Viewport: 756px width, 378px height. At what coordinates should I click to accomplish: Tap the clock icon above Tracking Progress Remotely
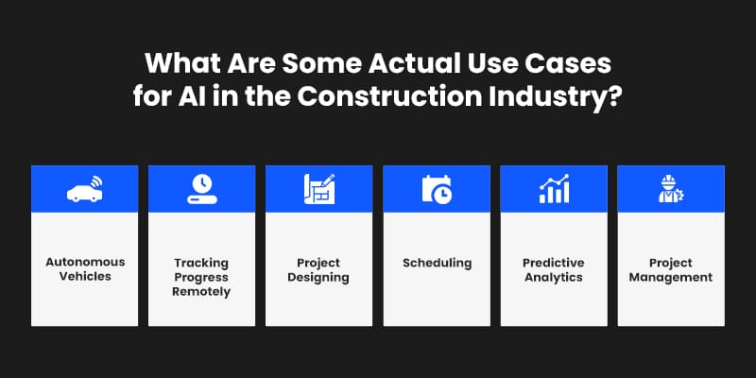click(201, 189)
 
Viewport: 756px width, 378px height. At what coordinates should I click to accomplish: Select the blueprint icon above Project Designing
click(318, 189)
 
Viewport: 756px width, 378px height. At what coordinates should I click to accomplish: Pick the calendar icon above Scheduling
click(436, 189)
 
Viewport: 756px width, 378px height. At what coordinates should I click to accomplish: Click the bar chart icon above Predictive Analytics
click(554, 189)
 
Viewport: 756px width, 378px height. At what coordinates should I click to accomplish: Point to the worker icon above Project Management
click(670, 189)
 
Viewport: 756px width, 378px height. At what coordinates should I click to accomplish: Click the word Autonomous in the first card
click(84, 262)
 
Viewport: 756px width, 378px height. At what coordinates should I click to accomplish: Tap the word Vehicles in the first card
click(84, 277)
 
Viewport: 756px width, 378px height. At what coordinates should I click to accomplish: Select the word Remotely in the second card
click(201, 292)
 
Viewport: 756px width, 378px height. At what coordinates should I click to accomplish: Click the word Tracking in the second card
click(201, 262)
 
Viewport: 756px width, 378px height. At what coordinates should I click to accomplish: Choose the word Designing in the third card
click(318, 277)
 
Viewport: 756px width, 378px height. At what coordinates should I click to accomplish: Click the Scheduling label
click(436, 262)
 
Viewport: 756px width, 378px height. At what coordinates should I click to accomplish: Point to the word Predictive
click(554, 262)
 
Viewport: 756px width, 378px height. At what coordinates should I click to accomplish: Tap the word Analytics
click(554, 277)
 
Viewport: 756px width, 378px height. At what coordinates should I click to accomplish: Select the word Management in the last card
click(670, 277)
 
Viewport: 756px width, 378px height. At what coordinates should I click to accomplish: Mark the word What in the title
click(177, 65)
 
